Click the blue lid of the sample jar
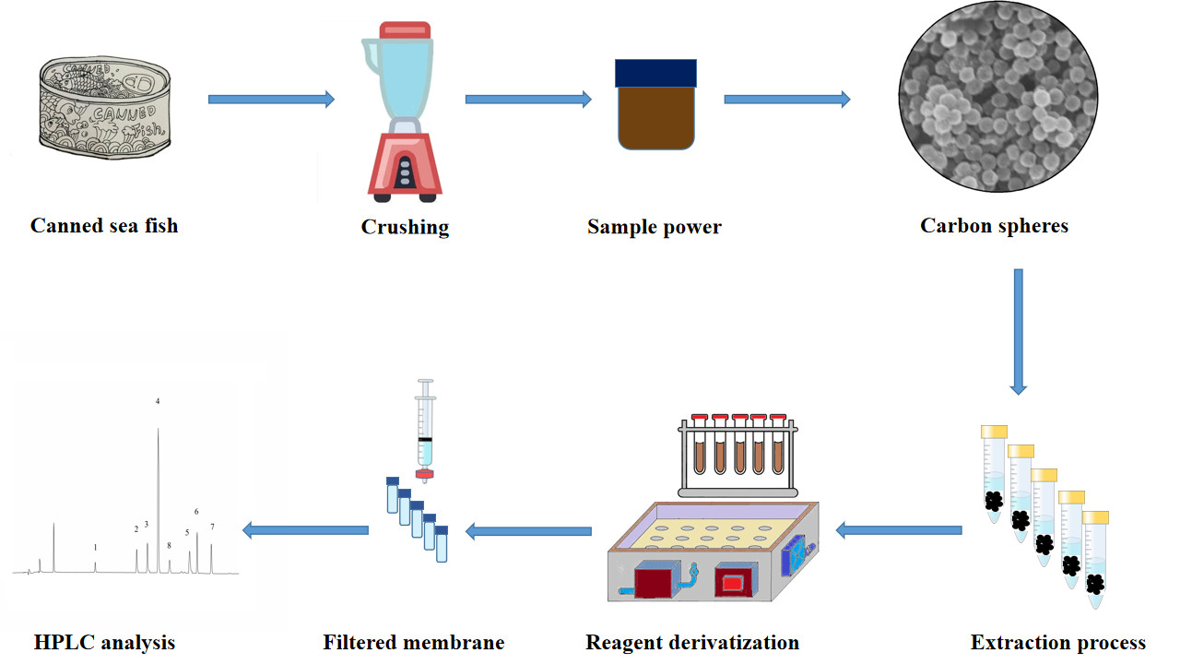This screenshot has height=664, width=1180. click(x=655, y=72)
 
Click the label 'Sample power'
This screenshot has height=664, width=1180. click(x=654, y=227)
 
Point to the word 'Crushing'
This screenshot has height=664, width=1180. click(x=405, y=227)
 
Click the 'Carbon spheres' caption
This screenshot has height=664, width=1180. click(x=994, y=225)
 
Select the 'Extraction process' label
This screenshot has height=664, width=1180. click(x=1057, y=642)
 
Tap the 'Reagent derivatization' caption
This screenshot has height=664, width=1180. click(x=692, y=642)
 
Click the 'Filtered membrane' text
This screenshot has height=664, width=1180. click(x=414, y=642)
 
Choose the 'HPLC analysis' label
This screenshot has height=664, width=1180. click(x=104, y=642)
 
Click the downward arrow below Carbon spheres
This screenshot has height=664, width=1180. click(x=1018, y=332)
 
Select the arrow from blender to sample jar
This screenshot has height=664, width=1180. click(x=527, y=100)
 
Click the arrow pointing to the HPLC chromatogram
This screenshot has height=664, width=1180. click(x=305, y=529)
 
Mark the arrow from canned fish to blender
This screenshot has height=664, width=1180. click(x=271, y=100)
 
